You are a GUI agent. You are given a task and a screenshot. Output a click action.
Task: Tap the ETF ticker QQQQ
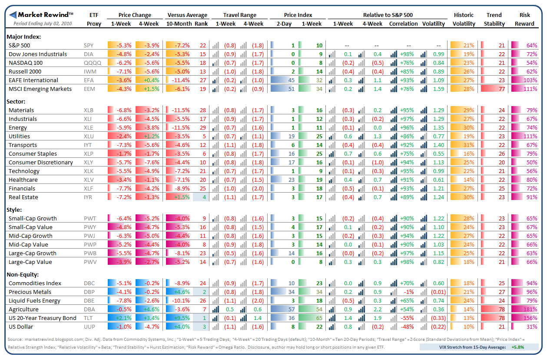(x=92, y=63)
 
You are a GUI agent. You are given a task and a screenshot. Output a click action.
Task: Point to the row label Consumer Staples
(x=33, y=153)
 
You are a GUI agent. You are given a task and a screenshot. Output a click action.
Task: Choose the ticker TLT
(x=89, y=318)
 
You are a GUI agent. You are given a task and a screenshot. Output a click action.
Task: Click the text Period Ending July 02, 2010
(x=43, y=23)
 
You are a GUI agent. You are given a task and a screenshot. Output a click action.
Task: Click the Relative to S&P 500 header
(x=388, y=15)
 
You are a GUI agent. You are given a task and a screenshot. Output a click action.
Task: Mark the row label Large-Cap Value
(x=30, y=262)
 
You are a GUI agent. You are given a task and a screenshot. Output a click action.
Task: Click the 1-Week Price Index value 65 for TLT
(x=319, y=318)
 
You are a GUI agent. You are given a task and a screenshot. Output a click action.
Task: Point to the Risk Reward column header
(x=524, y=19)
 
